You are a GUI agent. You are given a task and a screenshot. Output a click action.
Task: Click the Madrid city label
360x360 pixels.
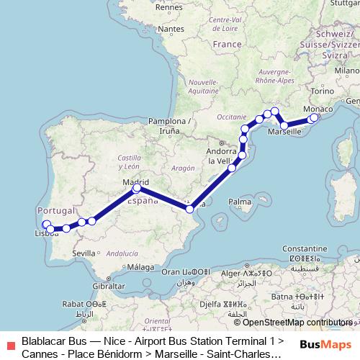coord(135,182)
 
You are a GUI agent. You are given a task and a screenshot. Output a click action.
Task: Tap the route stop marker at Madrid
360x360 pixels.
coord(137,189)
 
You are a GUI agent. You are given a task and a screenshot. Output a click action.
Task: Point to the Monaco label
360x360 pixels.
coord(318,109)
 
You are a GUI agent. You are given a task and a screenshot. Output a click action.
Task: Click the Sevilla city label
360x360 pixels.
coord(84,253)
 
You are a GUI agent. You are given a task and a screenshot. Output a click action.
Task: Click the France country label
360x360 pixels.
coord(227,44)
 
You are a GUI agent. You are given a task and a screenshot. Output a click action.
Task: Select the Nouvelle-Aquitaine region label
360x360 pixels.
coord(192,86)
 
